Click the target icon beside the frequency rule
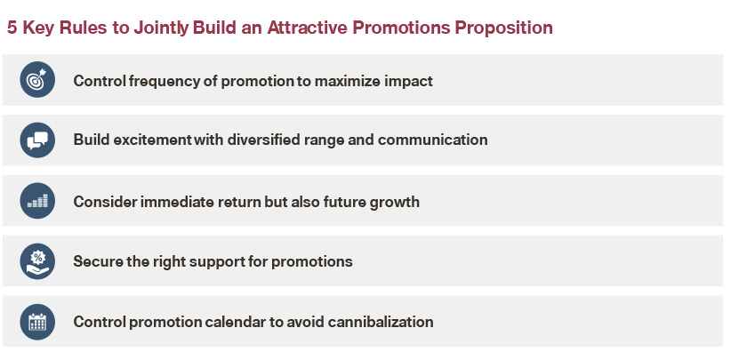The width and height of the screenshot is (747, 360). pos(37,79)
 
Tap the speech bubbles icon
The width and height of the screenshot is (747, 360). pos(37,140)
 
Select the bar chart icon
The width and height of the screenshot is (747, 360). pos(37,201)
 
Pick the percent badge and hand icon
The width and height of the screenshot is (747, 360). pos(37,261)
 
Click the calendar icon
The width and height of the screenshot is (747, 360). pos(37,322)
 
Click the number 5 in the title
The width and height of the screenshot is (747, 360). pos(12,28)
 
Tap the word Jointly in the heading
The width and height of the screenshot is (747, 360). pos(161,28)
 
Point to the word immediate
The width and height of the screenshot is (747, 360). pos(177,202)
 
